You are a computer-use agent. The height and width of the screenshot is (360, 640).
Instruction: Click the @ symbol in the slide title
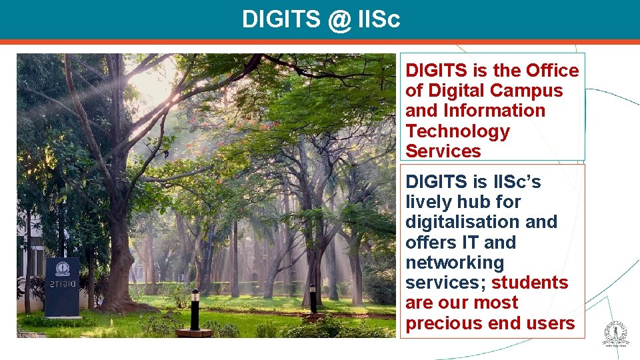pos(339,20)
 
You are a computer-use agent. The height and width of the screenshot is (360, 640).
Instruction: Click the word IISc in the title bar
pos(379,20)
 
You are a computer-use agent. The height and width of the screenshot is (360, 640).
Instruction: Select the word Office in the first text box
pos(552,71)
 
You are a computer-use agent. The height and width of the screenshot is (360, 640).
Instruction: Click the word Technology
pos(457,131)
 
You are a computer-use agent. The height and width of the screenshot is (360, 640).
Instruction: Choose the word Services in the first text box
pos(443,151)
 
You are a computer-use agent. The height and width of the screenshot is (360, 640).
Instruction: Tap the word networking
pos(455,263)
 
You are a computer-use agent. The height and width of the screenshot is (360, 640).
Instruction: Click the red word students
pos(530,283)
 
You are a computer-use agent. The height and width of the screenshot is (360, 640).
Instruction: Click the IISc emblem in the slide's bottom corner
pos(615,334)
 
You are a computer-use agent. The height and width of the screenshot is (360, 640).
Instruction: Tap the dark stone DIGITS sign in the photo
pos(62,287)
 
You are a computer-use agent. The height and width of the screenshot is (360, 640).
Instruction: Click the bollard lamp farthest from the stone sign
pos(313,299)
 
